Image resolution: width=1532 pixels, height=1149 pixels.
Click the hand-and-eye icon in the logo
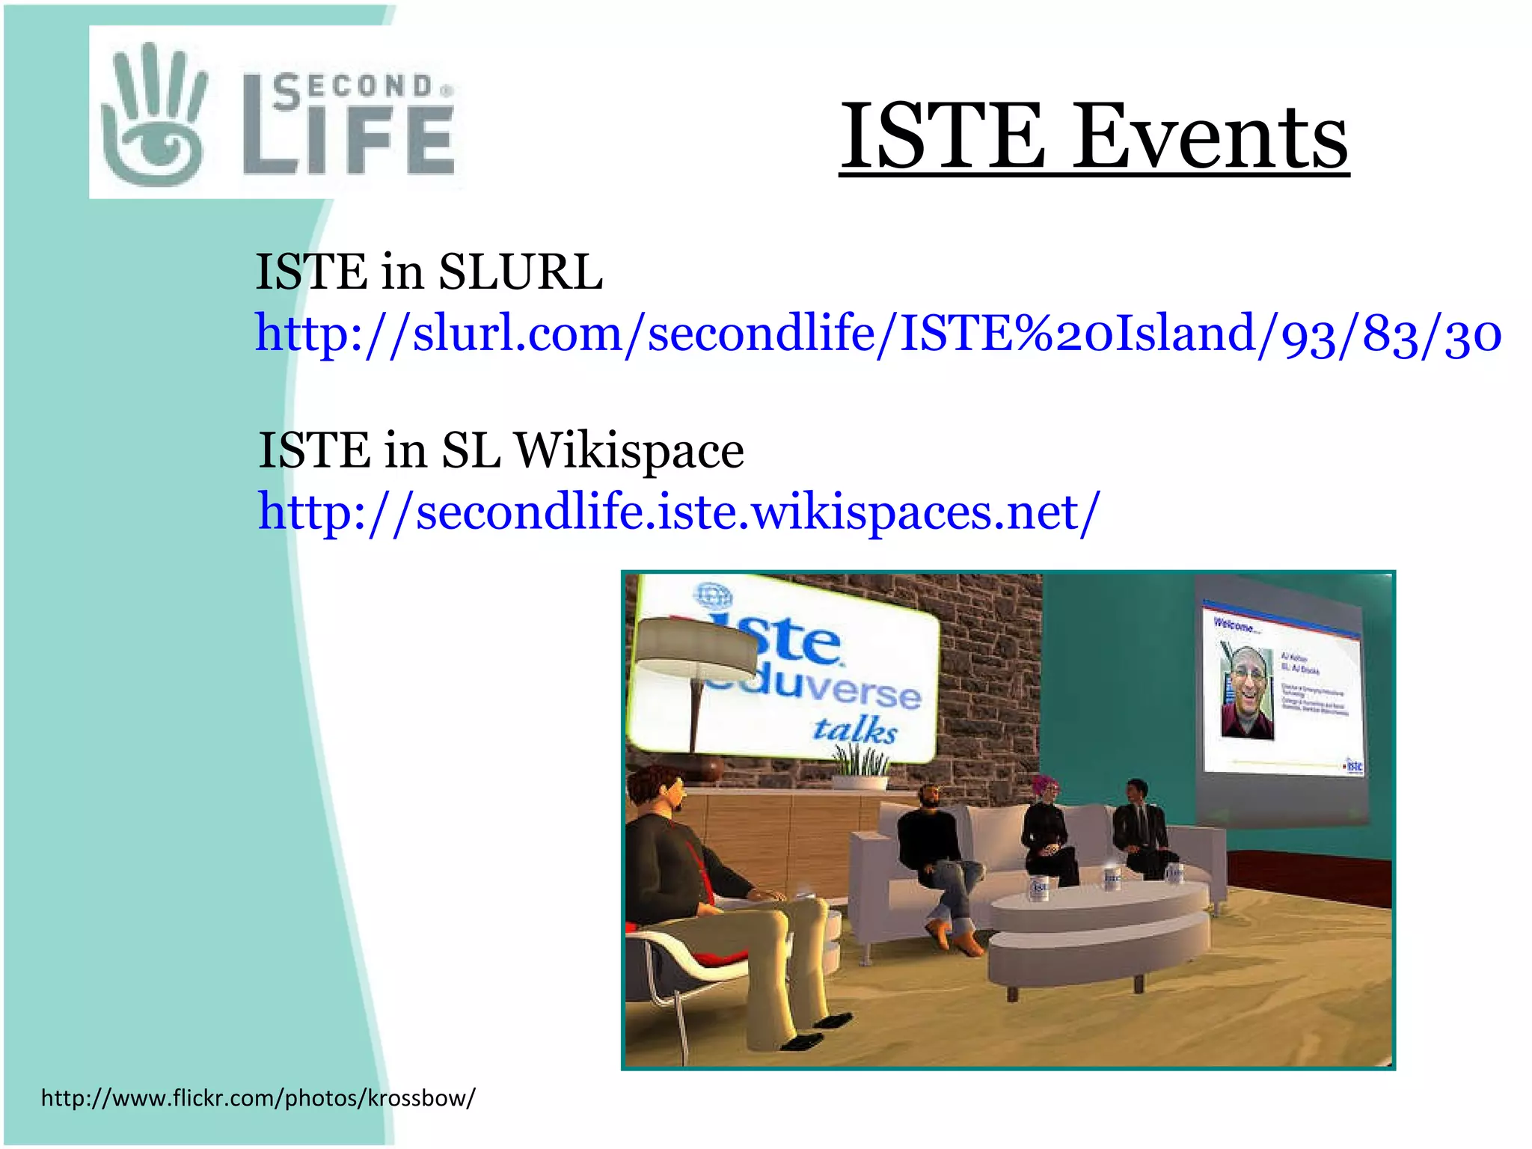tap(153, 116)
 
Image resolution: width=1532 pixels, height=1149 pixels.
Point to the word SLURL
tap(520, 272)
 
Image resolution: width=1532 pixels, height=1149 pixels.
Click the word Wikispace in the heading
tap(628, 451)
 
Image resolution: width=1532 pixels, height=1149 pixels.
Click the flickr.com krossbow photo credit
tap(258, 1097)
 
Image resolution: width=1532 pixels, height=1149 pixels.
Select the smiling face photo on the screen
tap(1247, 693)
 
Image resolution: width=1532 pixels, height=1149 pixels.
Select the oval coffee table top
tap(1100, 901)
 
